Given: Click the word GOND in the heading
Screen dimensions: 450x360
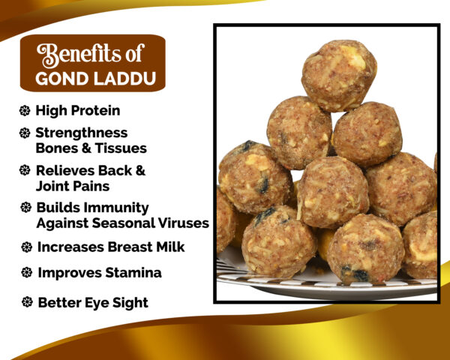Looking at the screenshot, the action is [61, 79].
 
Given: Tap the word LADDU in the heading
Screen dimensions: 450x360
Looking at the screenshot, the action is [125, 79].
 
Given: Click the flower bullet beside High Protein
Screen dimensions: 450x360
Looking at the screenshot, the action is [25, 110].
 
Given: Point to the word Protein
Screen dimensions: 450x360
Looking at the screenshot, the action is [95, 110].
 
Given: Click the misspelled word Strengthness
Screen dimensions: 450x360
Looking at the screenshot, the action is [82, 133].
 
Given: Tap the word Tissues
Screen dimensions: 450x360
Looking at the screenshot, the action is [121, 148].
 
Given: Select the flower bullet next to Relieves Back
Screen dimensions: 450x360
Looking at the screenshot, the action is [25, 170].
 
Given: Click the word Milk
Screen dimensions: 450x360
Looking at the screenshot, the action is [170, 247].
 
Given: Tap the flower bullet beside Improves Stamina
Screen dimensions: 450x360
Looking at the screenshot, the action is [27, 272].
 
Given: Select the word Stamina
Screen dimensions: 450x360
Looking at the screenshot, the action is [133, 273].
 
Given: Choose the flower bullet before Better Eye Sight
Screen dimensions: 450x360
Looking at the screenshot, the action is [27, 302].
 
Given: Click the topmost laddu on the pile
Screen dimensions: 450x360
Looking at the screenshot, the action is [339, 76].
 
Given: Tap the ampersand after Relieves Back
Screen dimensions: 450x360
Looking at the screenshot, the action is [140, 170].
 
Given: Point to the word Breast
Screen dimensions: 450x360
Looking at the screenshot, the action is [130, 247].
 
